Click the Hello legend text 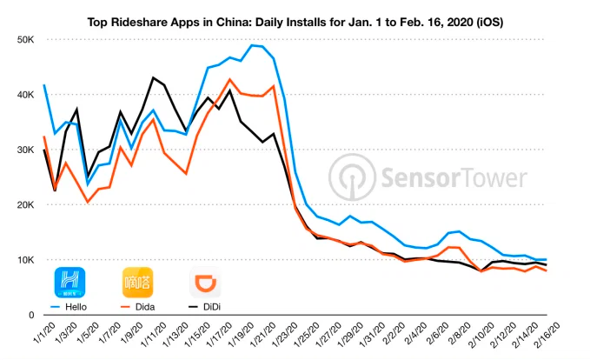(x=74, y=308)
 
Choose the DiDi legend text (x=209, y=308)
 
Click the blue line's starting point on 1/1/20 (x=43, y=85)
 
